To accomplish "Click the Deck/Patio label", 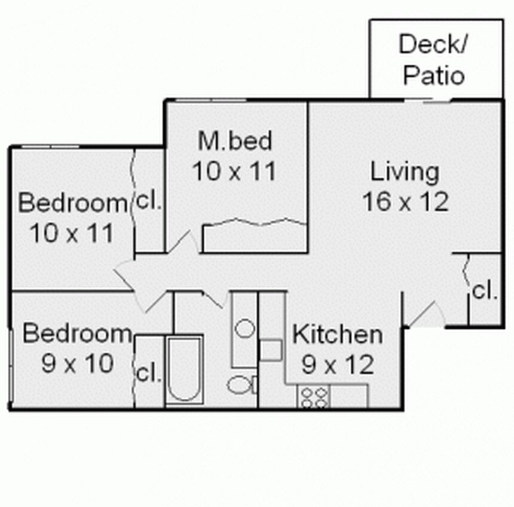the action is [x=433, y=59].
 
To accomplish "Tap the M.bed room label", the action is [x=235, y=141].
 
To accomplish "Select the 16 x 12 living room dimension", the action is [x=405, y=201].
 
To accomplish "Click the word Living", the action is [x=405, y=172].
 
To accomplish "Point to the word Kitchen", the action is [x=337, y=334].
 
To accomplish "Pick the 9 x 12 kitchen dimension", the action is [x=338, y=364].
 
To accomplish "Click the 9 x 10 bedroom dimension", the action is [x=78, y=364].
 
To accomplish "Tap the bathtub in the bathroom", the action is [x=184, y=370].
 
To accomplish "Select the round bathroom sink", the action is [x=245, y=328].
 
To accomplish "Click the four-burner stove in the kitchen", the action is [x=314, y=396].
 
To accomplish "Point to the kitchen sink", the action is [x=271, y=350].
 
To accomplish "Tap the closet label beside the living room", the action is [x=485, y=291].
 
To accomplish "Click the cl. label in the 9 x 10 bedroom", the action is [x=148, y=373].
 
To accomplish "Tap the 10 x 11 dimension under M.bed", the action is [x=234, y=171].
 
